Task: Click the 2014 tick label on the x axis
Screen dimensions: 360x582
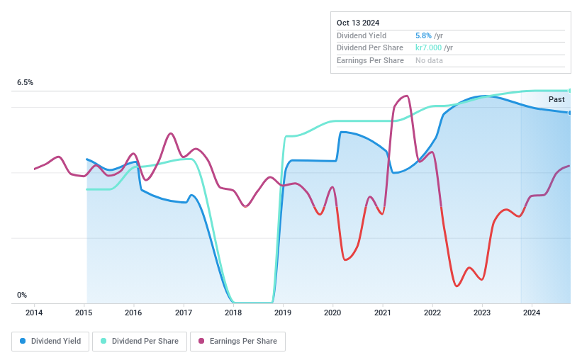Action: (34, 313)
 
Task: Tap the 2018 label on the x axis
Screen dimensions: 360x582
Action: (233, 313)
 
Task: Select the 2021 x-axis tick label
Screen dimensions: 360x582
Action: (383, 313)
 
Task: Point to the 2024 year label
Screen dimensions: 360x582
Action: (532, 313)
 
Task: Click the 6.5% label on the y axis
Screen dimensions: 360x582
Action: (25, 83)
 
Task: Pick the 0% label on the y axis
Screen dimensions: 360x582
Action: (22, 296)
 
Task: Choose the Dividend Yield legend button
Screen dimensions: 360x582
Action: (50, 342)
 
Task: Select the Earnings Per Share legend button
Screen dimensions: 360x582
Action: (237, 342)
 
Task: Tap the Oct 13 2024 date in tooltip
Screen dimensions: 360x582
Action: (358, 23)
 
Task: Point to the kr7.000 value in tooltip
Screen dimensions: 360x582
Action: (429, 48)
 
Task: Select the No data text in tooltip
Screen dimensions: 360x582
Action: (430, 61)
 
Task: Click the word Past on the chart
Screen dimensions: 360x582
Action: (556, 100)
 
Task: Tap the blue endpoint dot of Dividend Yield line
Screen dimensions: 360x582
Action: (570, 113)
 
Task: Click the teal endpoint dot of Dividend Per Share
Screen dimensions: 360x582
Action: (570, 91)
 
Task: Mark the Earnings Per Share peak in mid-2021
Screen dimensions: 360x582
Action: (405, 96)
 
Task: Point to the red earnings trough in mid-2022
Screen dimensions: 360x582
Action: (457, 286)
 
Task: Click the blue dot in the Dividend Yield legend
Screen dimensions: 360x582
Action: (23, 342)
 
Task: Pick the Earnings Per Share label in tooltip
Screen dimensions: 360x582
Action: (370, 61)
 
